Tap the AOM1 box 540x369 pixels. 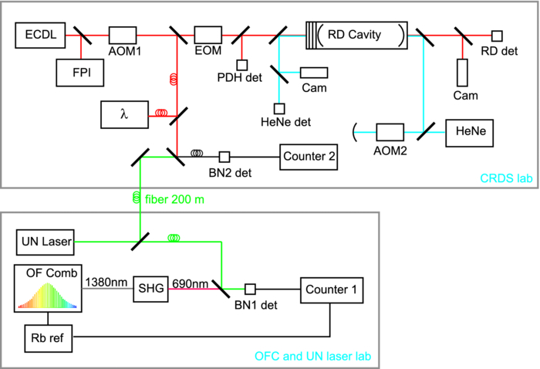point(122,35)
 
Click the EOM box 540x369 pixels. point(208,35)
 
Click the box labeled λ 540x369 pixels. point(123,115)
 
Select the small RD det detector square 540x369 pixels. point(497,36)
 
